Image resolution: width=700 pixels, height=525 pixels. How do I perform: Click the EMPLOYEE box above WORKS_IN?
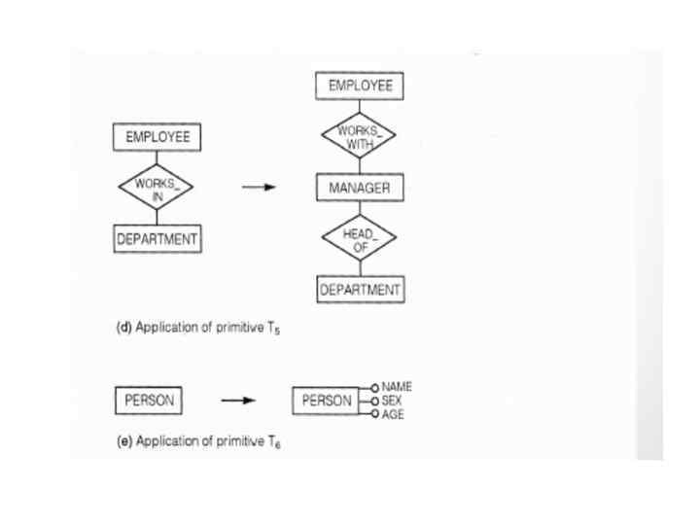click(x=157, y=138)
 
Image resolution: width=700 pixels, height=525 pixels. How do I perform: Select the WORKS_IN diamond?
click(x=157, y=188)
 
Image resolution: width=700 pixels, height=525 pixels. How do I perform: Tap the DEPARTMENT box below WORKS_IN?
click(x=157, y=239)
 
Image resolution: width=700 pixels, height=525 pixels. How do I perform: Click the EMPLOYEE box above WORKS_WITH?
click(x=360, y=87)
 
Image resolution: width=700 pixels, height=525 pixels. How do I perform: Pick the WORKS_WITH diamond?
click(x=360, y=137)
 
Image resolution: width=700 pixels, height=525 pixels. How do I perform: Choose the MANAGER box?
click(x=360, y=188)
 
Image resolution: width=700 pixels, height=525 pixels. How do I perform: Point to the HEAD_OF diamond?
click(x=360, y=239)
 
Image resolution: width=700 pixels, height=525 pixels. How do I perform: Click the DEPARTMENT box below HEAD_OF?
click(x=360, y=290)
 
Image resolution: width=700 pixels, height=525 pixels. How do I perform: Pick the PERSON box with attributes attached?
click(x=327, y=400)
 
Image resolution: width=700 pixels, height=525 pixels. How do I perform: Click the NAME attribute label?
click(x=397, y=387)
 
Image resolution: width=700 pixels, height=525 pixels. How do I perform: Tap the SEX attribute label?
click(x=392, y=400)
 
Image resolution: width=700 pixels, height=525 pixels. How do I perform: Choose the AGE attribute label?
click(x=393, y=413)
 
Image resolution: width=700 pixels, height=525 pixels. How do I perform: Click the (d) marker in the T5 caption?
click(x=124, y=328)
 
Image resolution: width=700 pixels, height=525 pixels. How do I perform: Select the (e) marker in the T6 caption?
click(x=124, y=441)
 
